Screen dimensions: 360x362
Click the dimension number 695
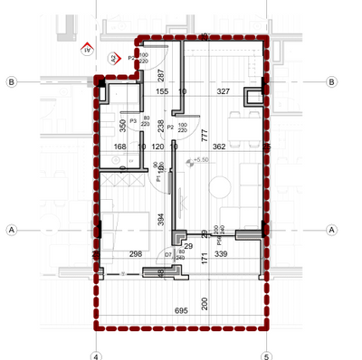coord(181,310)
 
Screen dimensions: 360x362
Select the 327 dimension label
coord(222,91)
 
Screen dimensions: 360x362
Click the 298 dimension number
coord(137,255)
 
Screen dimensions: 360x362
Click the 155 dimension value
coord(162,91)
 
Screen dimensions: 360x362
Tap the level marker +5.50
coord(200,160)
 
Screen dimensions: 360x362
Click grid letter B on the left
coord(11,81)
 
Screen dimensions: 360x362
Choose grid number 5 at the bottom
coord(266,355)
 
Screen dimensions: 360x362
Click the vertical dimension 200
coord(205,301)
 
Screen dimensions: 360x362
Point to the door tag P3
coord(132,120)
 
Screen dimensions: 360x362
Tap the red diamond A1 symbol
coord(87,50)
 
